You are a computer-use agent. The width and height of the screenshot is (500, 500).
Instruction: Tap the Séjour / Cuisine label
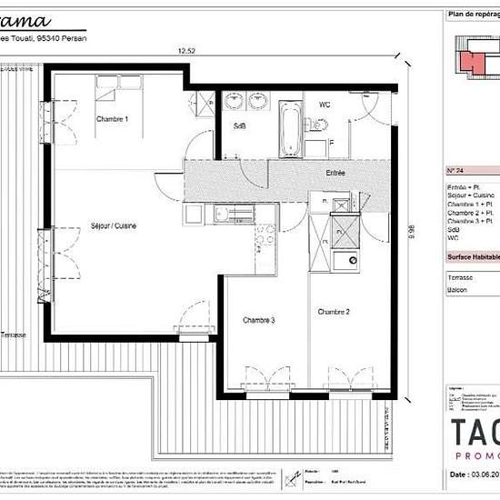point(114,226)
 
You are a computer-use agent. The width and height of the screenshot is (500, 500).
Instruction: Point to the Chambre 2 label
point(334,312)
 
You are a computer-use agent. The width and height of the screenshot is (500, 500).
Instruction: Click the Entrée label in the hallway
point(335,172)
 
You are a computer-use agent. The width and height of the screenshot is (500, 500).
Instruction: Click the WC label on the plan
point(324,105)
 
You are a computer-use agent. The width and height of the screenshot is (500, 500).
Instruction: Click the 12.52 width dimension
point(186,52)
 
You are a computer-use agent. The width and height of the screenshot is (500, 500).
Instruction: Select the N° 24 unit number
point(456,171)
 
